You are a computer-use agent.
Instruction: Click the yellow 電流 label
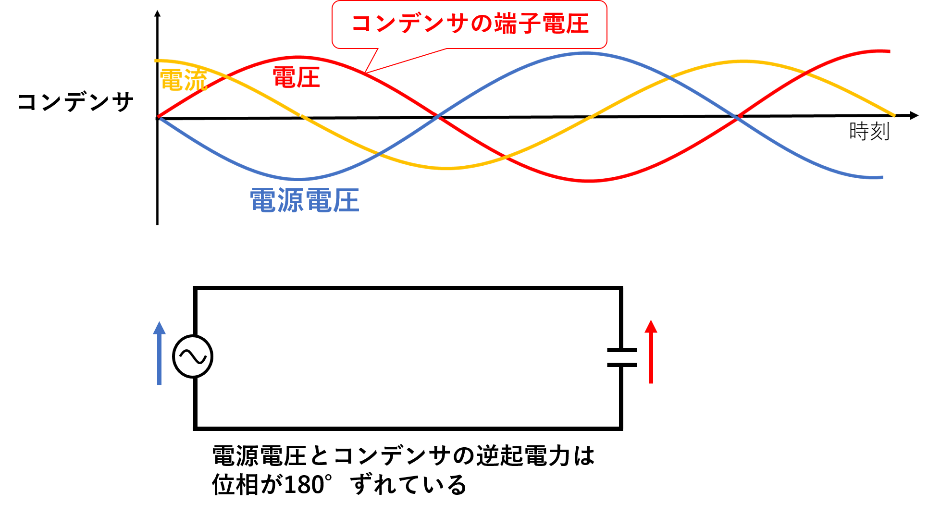tap(183, 80)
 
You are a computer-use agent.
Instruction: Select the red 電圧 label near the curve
tap(296, 77)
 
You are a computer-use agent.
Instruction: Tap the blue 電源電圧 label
tap(305, 200)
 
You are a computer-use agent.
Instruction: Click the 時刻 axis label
tap(869, 131)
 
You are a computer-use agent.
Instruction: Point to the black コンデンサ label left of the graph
tap(75, 102)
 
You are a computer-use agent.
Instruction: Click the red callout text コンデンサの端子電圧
tap(470, 24)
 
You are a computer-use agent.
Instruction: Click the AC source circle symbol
tap(193, 356)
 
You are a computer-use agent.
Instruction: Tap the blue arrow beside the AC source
tap(159, 353)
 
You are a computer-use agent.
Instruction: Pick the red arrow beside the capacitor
tap(651, 352)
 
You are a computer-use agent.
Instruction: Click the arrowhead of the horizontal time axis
tap(914, 115)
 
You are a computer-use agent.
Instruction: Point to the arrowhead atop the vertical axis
tap(157, 13)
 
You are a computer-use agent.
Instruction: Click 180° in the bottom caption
tap(308, 484)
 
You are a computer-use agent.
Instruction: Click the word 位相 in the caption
tap(235, 484)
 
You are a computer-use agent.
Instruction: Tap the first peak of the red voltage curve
tap(298, 57)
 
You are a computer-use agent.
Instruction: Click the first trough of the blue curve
tap(298, 179)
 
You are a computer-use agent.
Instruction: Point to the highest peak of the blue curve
tap(585, 53)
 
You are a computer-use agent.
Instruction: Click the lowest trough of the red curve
tap(589, 181)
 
